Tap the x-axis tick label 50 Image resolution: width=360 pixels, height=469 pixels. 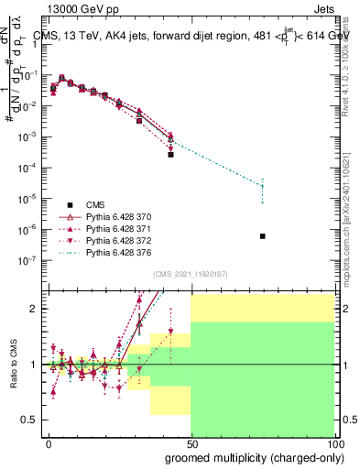(191, 443)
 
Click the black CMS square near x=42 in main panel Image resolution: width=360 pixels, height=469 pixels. (170, 155)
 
